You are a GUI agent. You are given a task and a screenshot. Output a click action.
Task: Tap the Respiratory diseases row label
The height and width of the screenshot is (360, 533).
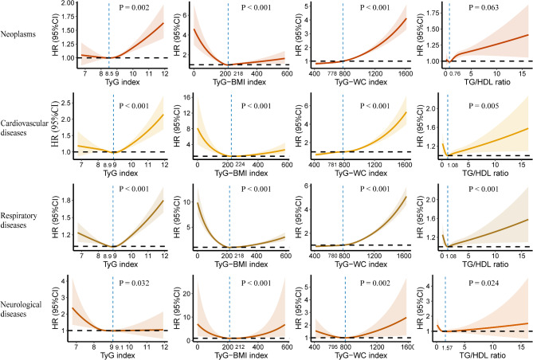tap(25, 220)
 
